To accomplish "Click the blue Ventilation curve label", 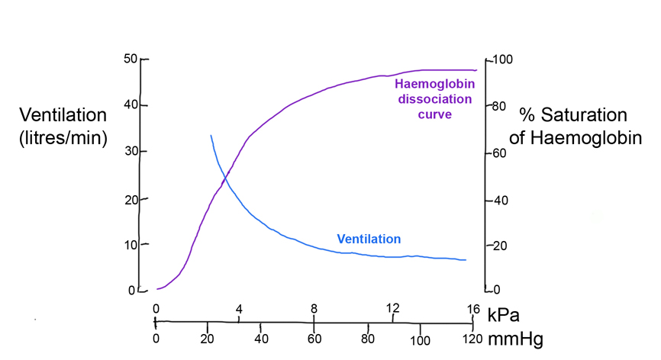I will pos(369,239).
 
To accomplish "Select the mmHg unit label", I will pos(516,339).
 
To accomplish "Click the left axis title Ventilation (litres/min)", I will pos(63,127).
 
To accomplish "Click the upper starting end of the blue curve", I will pos(211,136).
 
